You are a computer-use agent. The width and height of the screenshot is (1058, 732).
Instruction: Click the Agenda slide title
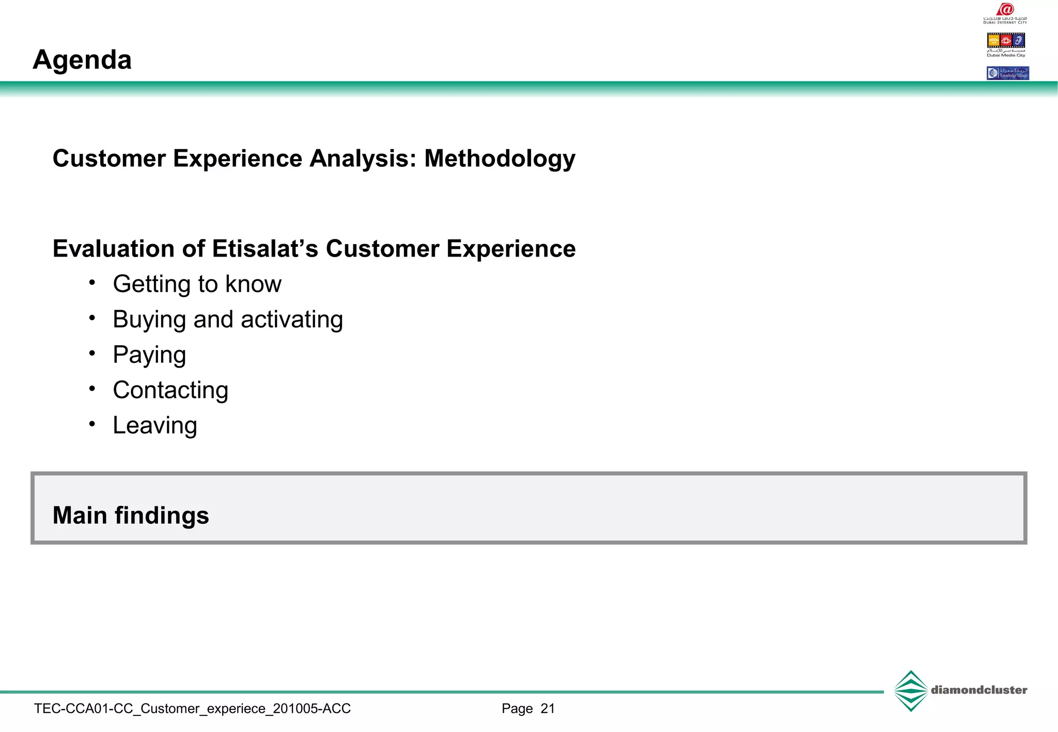point(82,60)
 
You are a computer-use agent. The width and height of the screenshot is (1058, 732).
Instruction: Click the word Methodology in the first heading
point(500,158)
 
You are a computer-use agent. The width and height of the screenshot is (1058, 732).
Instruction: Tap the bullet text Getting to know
point(197,284)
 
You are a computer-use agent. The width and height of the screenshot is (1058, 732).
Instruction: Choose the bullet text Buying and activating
point(228,320)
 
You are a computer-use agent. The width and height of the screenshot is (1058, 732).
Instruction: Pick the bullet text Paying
point(149,355)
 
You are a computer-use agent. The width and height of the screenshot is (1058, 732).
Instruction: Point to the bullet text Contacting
point(170,390)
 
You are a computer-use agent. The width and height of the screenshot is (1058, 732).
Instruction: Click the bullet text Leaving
point(155,426)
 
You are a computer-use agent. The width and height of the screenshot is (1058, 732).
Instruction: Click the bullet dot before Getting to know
point(92,282)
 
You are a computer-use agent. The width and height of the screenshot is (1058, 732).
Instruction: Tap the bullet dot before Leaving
point(92,424)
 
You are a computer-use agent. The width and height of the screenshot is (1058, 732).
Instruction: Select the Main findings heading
point(131,515)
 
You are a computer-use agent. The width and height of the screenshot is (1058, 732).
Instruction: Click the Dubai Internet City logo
point(1005,13)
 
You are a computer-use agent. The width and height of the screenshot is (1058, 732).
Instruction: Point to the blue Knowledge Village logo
point(1007,73)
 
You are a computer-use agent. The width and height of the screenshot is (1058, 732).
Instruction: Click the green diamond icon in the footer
point(911,691)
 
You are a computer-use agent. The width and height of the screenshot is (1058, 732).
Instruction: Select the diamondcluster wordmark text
point(979,690)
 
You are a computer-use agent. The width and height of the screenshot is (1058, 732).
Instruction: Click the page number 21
point(548,709)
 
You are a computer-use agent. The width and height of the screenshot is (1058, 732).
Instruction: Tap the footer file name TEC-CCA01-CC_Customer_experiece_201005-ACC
point(192,709)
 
